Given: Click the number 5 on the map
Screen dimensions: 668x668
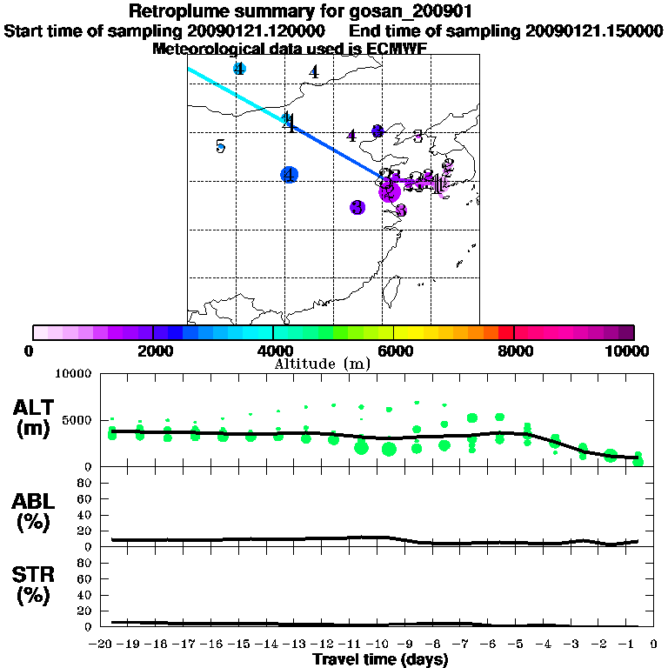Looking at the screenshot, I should (221, 146).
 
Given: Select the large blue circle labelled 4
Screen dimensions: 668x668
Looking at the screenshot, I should (290, 175).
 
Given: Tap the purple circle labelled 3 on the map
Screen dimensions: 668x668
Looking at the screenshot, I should (357, 207).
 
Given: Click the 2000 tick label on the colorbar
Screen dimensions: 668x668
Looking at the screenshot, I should (153, 351).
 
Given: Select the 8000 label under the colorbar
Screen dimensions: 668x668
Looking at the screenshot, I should (514, 351).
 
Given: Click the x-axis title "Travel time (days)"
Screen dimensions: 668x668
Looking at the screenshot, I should (380, 660).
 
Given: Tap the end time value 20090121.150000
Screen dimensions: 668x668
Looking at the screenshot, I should (594, 31).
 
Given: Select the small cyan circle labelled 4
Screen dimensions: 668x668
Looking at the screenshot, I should (239, 69).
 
